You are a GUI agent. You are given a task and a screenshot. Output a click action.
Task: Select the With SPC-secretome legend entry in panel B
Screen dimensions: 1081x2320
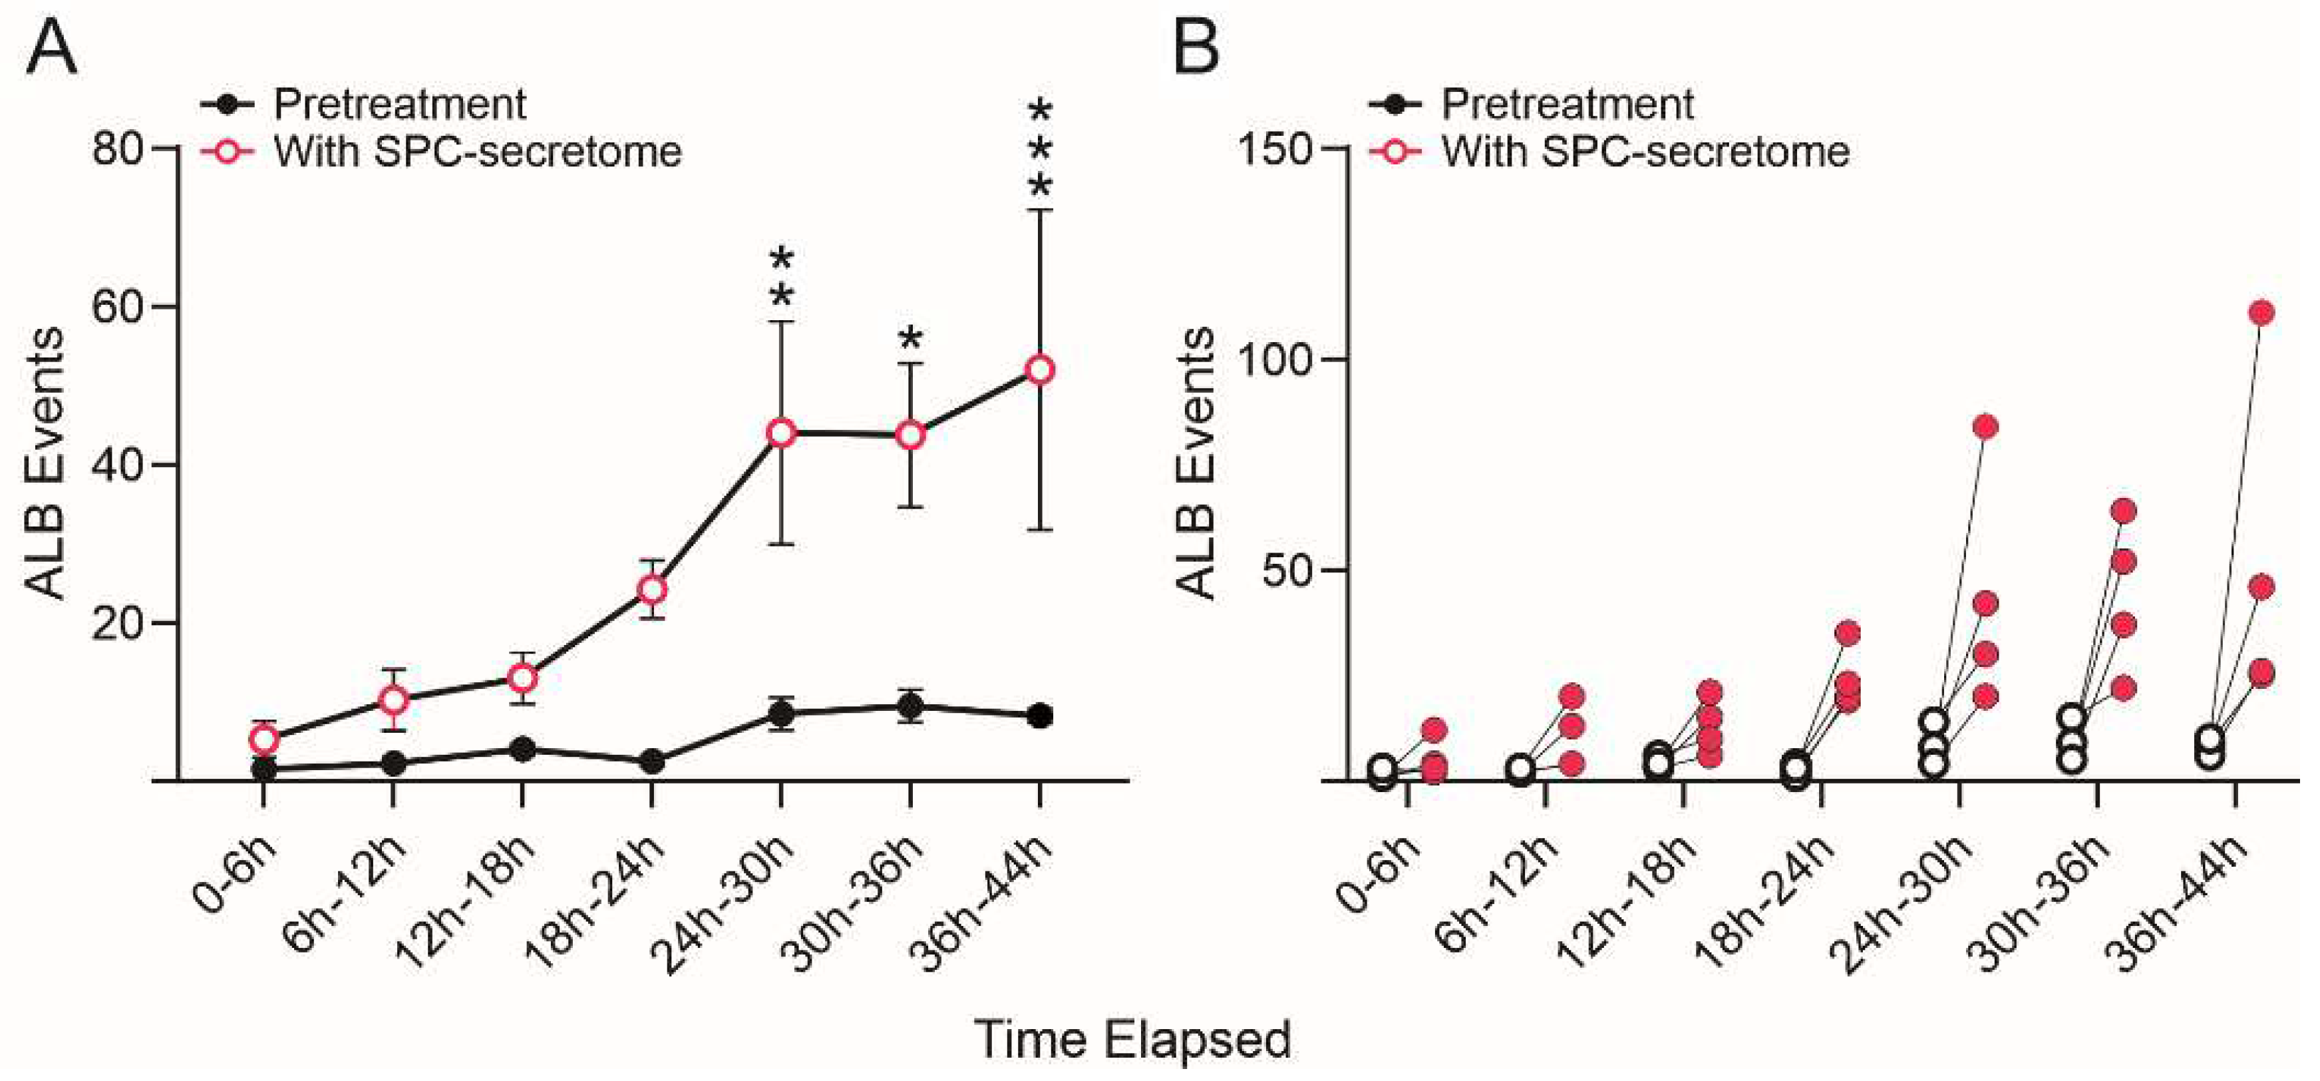[1645, 151]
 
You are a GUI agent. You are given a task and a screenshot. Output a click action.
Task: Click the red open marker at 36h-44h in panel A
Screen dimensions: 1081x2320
[1039, 370]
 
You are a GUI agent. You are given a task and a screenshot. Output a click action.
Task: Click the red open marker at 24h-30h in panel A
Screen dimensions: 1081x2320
[781, 433]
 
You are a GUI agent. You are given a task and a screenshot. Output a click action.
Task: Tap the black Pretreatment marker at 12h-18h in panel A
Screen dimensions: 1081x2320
[522, 750]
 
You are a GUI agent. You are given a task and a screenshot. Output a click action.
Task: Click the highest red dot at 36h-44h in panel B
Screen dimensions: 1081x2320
[2261, 313]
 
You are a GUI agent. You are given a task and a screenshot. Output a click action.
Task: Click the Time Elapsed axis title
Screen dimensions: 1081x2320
[1133, 1040]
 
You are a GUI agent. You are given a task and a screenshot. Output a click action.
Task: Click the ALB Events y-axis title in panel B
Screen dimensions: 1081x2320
[1196, 464]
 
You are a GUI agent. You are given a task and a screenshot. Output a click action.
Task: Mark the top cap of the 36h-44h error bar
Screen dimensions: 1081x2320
[1039, 210]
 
